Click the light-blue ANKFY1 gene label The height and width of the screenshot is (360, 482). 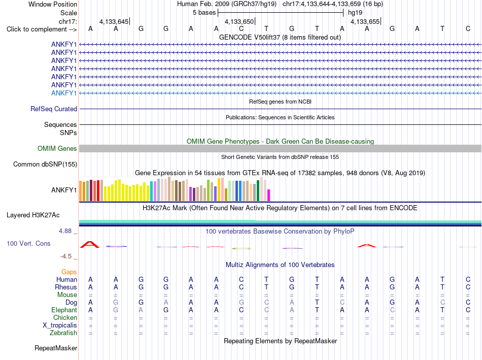point(64,93)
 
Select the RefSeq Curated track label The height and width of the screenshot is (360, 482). point(54,109)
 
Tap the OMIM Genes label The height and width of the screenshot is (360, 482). point(57,149)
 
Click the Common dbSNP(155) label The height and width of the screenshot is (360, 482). point(45,165)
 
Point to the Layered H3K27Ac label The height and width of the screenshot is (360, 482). point(33,215)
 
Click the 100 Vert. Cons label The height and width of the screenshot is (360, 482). point(28,244)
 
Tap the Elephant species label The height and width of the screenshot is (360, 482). point(64,310)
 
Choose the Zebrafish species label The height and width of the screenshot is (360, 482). point(63,333)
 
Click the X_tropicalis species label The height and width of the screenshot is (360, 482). point(60,325)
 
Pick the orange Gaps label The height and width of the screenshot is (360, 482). point(69,272)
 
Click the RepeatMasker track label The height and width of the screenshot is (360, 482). point(56,348)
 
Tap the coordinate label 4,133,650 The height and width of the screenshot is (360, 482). point(239,22)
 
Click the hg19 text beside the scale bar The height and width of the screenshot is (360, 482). point(355,13)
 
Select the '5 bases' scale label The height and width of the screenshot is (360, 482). point(204,13)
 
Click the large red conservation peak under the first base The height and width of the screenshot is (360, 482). point(90,245)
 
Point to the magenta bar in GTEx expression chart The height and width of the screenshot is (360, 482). point(269,195)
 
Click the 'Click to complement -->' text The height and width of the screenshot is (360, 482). point(42,29)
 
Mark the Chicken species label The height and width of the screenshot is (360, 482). point(65,318)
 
